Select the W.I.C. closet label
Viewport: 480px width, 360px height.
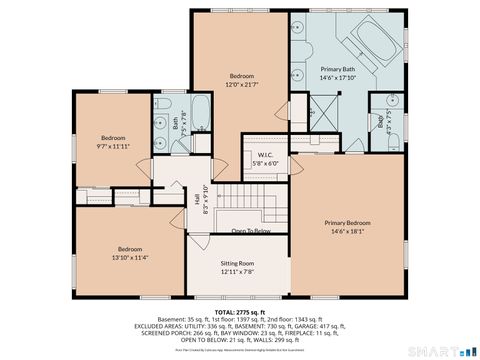[266, 155]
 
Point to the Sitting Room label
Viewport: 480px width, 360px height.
[238, 262]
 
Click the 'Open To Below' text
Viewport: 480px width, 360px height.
[251, 231]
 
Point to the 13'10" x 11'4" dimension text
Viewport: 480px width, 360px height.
[130, 257]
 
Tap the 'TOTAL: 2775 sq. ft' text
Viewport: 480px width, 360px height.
[239, 312]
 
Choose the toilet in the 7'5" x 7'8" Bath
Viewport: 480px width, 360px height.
[163, 125]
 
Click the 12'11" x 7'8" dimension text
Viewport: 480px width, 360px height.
[238, 271]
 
